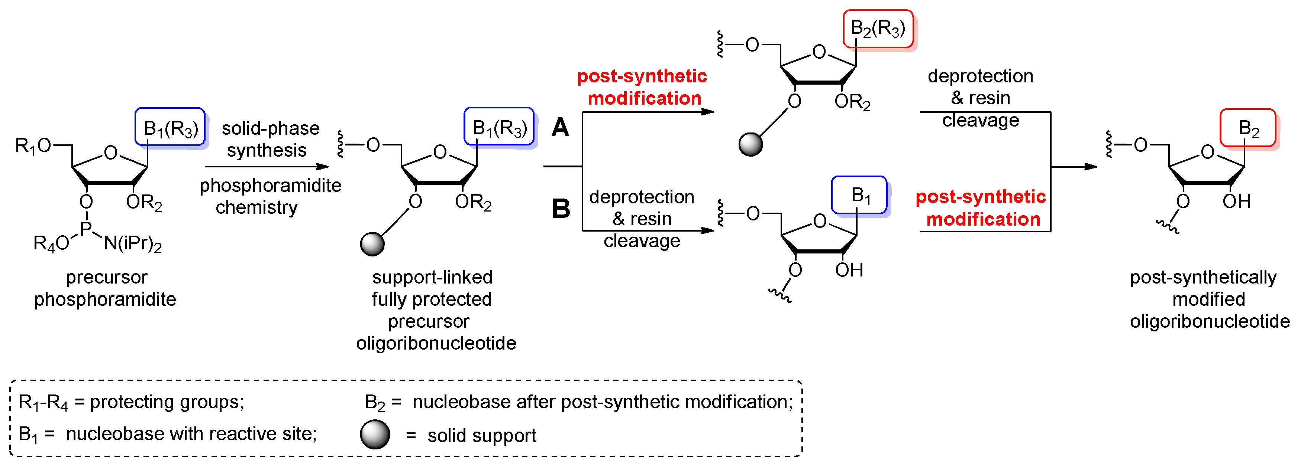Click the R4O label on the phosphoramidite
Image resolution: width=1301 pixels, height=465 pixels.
pyautogui.click(x=51, y=243)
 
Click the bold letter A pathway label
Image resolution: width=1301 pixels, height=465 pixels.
pyautogui.click(x=560, y=128)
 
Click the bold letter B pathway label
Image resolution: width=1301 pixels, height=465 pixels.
pyautogui.click(x=561, y=208)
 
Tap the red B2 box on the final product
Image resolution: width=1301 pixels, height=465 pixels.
pyautogui.click(x=1247, y=128)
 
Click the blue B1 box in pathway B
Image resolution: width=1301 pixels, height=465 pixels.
pyautogui.click(x=859, y=195)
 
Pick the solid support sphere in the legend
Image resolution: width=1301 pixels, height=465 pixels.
pyautogui.click(x=375, y=435)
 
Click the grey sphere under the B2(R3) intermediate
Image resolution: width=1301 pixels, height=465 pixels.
pyautogui.click(x=750, y=145)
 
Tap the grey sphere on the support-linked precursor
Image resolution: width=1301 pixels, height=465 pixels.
pyautogui.click(x=372, y=244)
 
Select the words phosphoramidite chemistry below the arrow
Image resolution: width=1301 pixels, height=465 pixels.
pyautogui.click(x=270, y=196)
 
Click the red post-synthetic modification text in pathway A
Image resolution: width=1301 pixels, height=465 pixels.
pyautogui.click(x=642, y=87)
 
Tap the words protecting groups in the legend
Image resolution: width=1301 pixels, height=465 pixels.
pyautogui.click(x=167, y=402)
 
